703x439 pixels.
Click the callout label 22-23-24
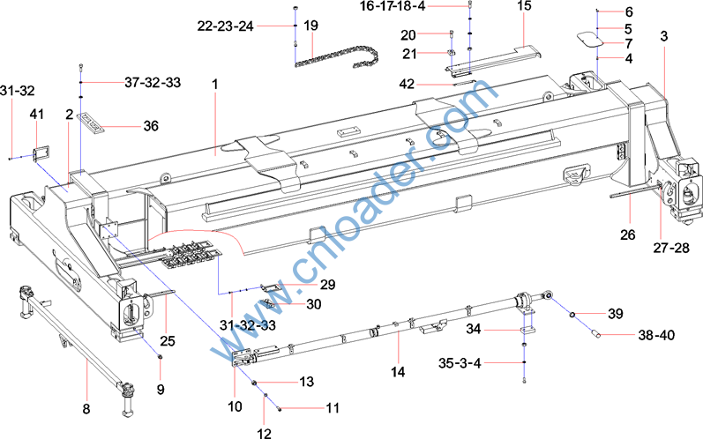click(x=226, y=26)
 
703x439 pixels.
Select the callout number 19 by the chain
click(x=310, y=25)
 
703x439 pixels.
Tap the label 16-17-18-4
click(x=393, y=6)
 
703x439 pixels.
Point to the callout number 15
click(x=524, y=6)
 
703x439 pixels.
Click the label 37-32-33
click(x=153, y=83)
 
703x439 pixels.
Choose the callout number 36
click(x=151, y=126)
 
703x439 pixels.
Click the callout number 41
click(x=37, y=115)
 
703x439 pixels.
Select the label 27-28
click(x=671, y=248)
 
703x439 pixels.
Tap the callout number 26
click(x=628, y=234)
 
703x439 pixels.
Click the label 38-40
click(x=656, y=335)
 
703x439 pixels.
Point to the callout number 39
click(x=616, y=314)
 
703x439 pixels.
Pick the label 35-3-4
click(x=460, y=363)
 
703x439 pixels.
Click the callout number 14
click(x=398, y=372)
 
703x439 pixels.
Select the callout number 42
click(x=407, y=85)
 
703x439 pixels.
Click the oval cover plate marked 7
click(x=589, y=39)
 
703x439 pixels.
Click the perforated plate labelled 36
click(x=91, y=123)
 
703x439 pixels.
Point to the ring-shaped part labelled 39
click(x=572, y=315)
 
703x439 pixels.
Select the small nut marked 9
click(x=160, y=356)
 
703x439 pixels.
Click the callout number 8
click(x=86, y=408)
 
